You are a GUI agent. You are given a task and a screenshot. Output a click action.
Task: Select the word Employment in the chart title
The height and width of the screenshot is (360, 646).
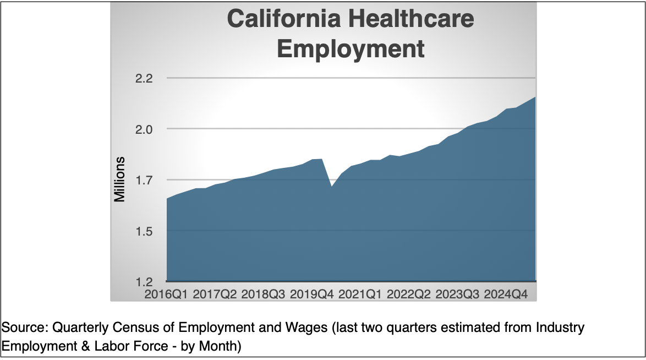pyautogui.click(x=351, y=48)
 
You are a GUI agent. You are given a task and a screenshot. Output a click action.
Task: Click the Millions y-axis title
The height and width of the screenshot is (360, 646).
pyautogui.click(x=120, y=179)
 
